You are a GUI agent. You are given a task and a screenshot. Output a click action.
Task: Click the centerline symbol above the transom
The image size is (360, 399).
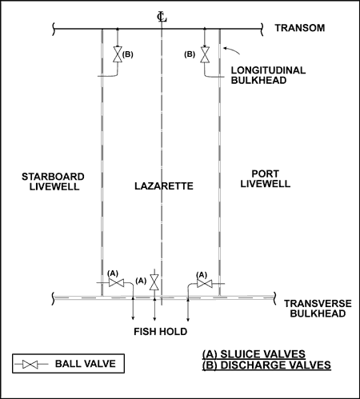(162, 17)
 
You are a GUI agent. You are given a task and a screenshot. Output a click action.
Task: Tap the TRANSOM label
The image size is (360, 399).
(300, 28)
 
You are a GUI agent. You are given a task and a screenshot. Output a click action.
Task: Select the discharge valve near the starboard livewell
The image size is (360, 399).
(118, 54)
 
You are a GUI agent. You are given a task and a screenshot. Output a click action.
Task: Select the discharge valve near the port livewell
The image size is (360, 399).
(205, 54)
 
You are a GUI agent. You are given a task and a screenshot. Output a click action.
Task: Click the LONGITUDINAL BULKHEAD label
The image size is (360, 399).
(268, 75)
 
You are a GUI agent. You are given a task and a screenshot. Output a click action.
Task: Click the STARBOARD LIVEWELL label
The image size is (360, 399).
(53, 182)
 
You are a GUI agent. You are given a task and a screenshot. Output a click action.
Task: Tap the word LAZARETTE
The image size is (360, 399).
(164, 186)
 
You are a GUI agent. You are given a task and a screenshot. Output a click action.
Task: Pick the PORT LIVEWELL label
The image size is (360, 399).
(266, 178)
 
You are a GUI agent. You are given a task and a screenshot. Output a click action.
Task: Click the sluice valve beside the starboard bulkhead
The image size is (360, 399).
(116, 283)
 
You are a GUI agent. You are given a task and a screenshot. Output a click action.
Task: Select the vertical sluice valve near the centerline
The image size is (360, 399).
(154, 282)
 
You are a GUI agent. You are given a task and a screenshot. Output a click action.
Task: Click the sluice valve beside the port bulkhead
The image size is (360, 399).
(205, 284)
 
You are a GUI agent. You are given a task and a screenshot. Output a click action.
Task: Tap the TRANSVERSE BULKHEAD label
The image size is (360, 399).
(318, 309)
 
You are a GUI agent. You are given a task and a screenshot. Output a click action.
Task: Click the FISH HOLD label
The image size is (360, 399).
(161, 332)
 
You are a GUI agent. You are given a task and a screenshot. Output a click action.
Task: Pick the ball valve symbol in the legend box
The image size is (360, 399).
(30, 364)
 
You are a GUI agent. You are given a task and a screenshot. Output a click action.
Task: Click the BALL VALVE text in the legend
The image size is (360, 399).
(86, 364)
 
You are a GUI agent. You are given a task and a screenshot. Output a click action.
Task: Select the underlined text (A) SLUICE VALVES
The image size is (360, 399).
(254, 354)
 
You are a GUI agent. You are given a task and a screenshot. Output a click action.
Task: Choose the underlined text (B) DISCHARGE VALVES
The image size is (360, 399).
(266, 365)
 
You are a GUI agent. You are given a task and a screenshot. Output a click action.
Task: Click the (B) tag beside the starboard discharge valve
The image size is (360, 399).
(128, 54)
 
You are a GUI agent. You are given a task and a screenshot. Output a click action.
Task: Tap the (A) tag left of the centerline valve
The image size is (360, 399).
(141, 281)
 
